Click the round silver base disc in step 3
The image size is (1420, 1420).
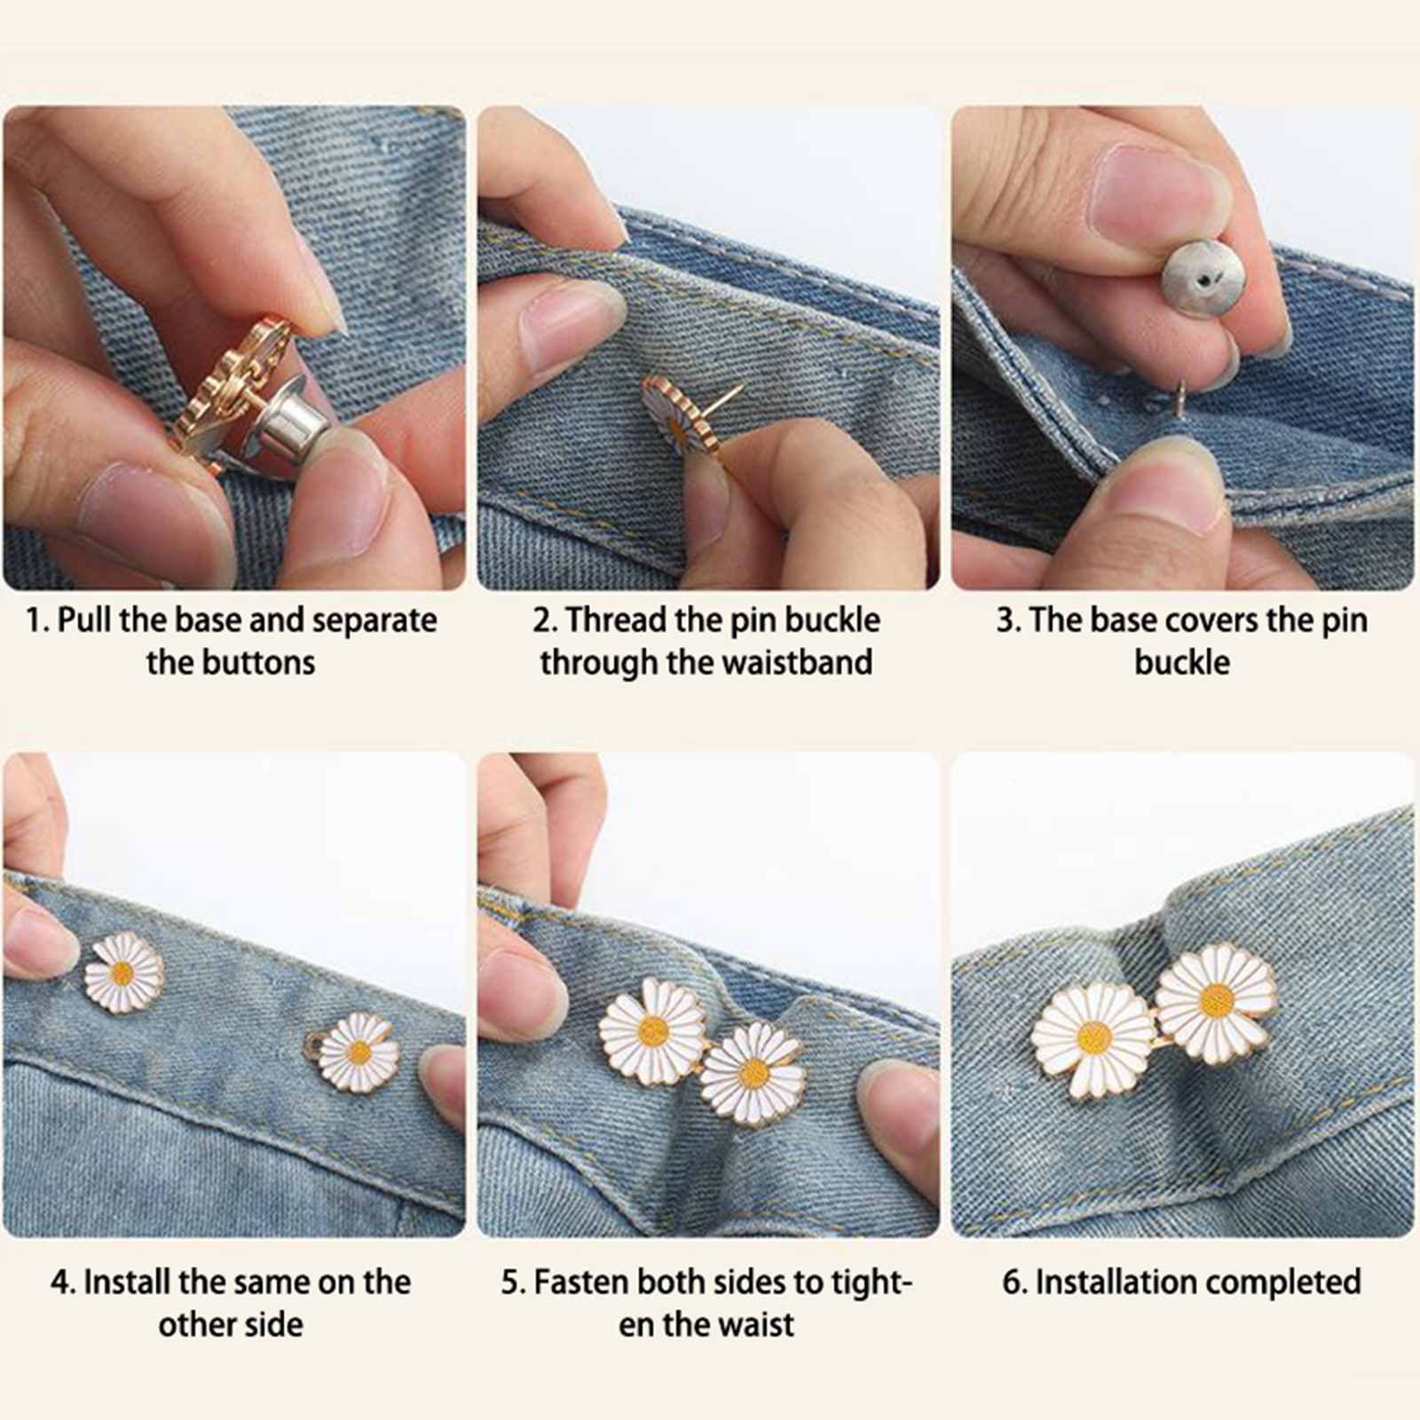coord(1203,279)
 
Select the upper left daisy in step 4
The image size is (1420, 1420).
coord(124,973)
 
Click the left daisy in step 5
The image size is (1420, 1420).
coord(653,1030)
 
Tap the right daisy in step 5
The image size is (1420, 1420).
coord(753,1073)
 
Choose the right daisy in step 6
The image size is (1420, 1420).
coord(1217,1000)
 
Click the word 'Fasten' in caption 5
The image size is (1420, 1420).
coord(581,1282)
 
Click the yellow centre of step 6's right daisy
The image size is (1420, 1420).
coord(1217,1000)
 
